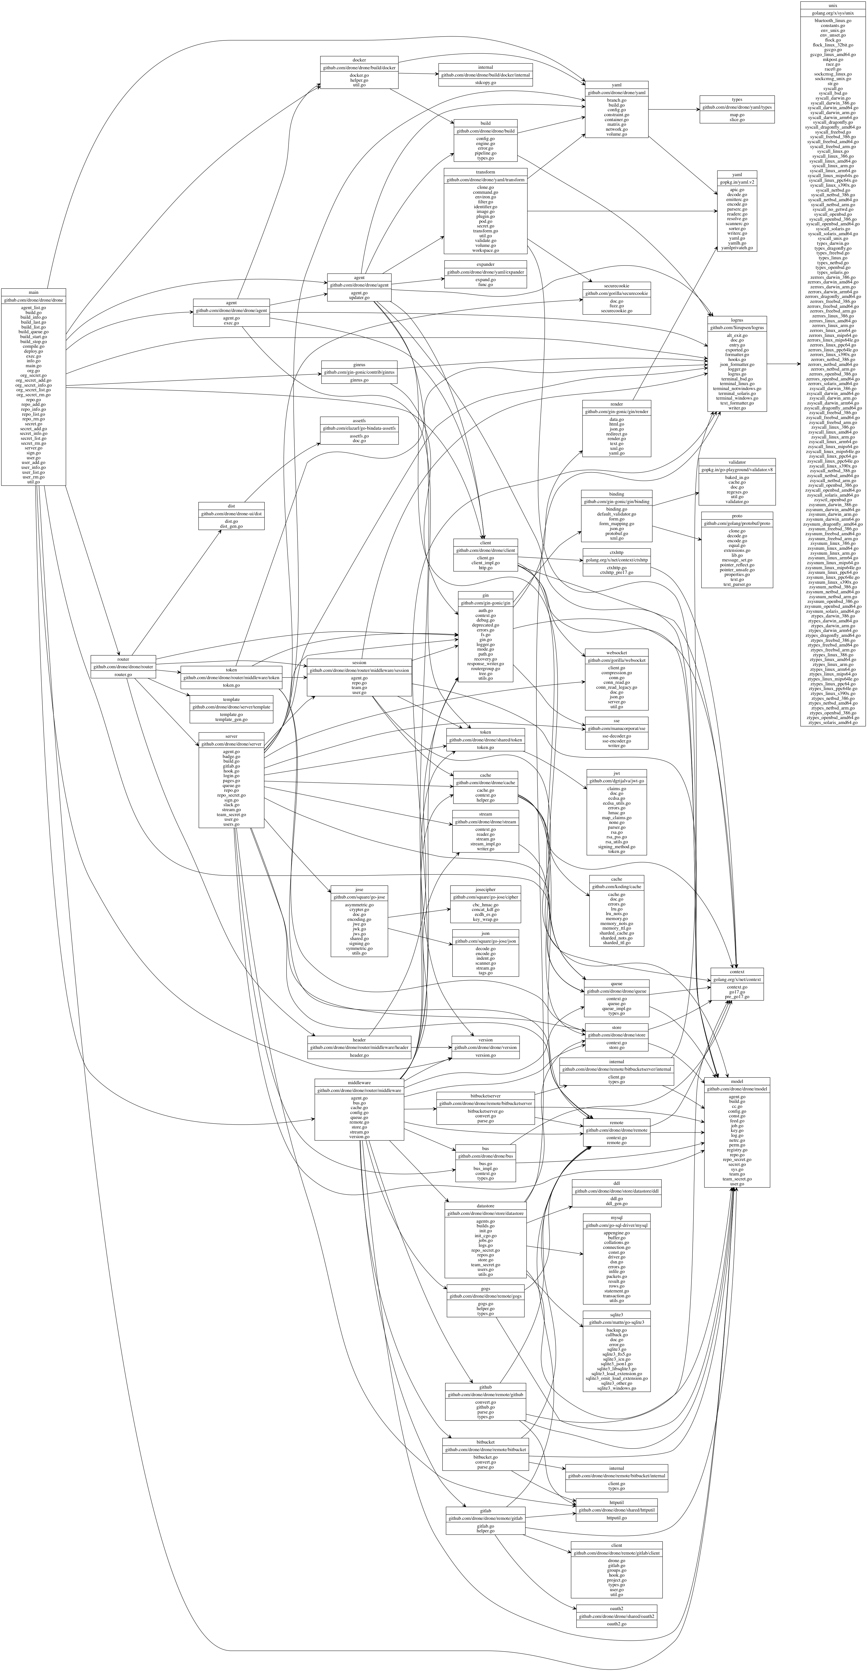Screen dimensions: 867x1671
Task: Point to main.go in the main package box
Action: click(34, 366)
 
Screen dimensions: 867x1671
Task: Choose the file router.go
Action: click(123, 675)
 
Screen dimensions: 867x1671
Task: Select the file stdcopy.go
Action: click(485, 82)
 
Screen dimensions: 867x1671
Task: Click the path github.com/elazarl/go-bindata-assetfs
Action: click(359, 428)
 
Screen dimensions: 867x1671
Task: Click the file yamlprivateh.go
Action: click(737, 248)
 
